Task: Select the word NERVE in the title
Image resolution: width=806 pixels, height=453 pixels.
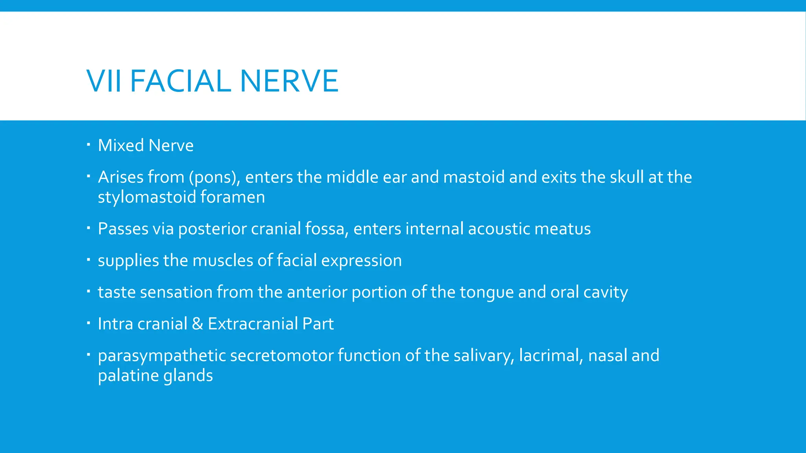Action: [289, 81]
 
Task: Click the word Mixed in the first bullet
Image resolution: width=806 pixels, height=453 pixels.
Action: [121, 145]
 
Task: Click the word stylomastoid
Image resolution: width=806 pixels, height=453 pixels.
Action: [147, 197]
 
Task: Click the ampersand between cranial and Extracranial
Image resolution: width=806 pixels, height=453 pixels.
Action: [198, 324]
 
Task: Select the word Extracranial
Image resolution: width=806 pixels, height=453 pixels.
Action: [253, 324]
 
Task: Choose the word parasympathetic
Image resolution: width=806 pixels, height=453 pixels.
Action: [162, 356]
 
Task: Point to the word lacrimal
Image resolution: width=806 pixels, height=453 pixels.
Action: [551, 356]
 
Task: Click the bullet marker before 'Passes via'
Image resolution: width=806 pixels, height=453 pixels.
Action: [89, 227]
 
